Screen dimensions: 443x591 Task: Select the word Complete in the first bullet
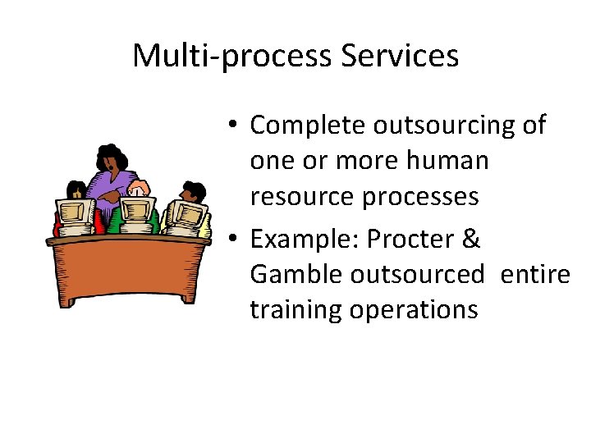pyautogui.click(x=308, y=126)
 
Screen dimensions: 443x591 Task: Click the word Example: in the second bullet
pyautogui.click(x=305, y=239)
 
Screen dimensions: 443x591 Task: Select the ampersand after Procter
pyautogui.click(x=472, y=239)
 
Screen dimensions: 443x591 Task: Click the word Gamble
pyautogui.click(x=296, y=274)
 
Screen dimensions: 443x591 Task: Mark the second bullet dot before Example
pyautogui.click(x=234, y=240)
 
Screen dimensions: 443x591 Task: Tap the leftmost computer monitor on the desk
pyautogui.click(x=76, y=215)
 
